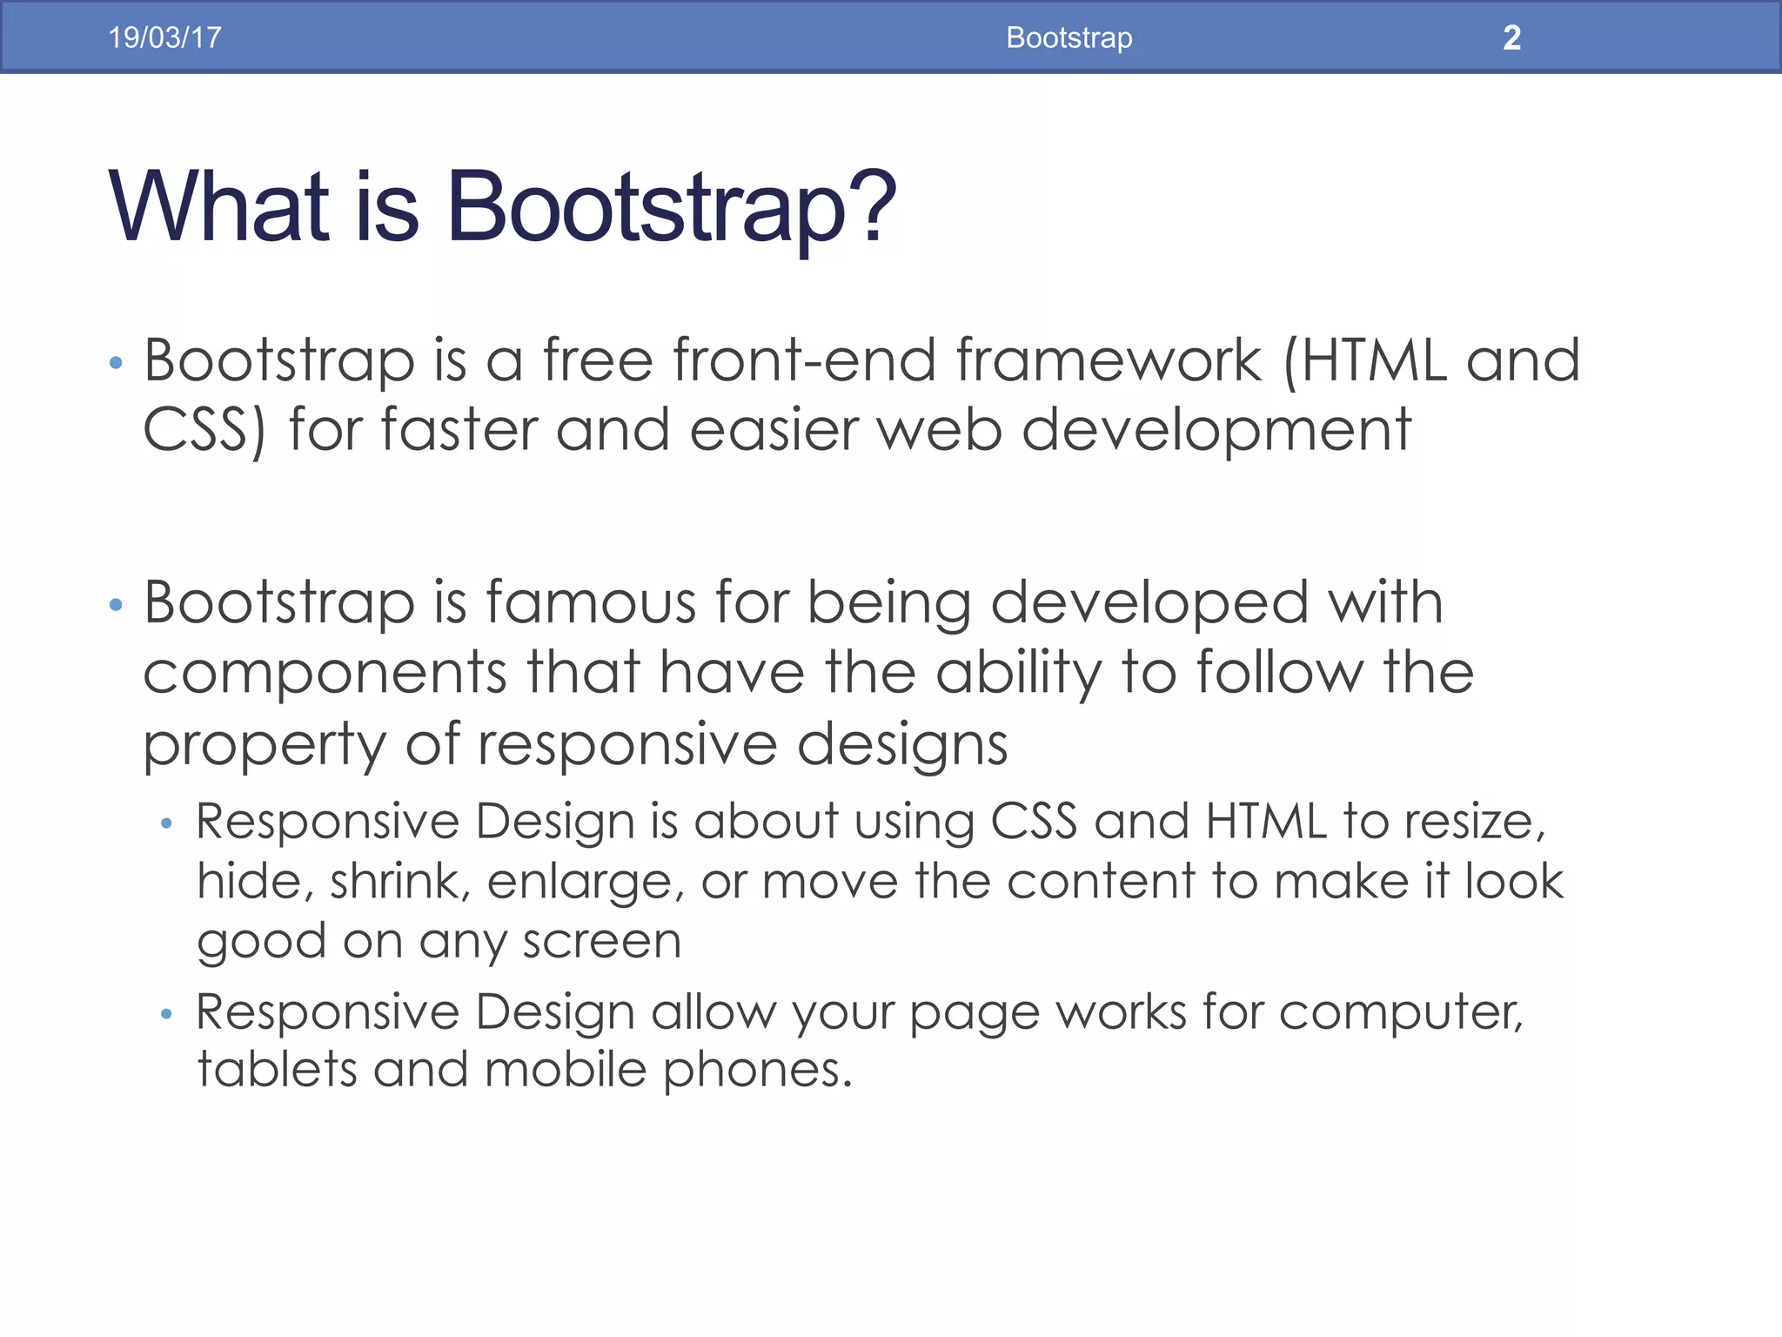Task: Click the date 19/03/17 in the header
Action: (x=164, y=37)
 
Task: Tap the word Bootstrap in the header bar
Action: (x=1069, y=37)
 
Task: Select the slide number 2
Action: (x=1511, y=37)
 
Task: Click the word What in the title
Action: (x=218, y=206)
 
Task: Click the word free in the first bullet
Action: (x=598, y=360)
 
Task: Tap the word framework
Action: (x=1109, y=360)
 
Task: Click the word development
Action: (x=1216, y=431)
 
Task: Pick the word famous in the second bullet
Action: (x=591, y=602)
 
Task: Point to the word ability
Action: (x=1019, y=674)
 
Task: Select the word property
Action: (x=264, y=746)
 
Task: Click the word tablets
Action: (x=277, y=1069)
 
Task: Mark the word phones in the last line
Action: (x=756, y=1071)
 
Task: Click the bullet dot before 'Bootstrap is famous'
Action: (x=116, y=604)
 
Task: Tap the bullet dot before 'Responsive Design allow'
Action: (x=166, y=1014)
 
